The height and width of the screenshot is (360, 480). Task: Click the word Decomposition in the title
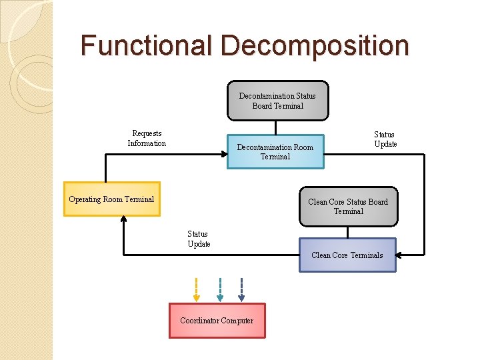[x=315, y=46]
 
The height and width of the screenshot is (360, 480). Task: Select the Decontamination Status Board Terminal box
[x=277, y=101]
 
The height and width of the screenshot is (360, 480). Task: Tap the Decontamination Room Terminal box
[x=275, y=152]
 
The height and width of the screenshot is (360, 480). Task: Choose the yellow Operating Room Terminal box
[x=111, y=199]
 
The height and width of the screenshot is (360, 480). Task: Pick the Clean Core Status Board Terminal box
[x=348, y=207]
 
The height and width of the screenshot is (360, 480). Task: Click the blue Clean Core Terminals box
[x=347, y=255]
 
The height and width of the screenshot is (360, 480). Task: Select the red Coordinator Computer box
[x=217, y=321]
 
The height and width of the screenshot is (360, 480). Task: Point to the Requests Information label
[x=147, y=139]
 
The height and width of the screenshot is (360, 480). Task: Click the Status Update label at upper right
[x=385, y=139]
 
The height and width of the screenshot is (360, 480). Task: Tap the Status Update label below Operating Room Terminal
[x=198, y=239]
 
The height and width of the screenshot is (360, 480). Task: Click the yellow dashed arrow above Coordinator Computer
[x=196, y=289]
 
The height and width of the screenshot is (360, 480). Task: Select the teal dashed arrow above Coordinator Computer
[x=220, y=289]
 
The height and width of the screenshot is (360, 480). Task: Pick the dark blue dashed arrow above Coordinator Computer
[x=241, y=289]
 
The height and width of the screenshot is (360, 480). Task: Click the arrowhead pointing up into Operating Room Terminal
[x=124, y=221]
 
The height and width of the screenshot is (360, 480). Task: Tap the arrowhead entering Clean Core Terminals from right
[x=401, y=254]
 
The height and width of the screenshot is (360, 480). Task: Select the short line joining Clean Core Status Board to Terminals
[x=347, y=233]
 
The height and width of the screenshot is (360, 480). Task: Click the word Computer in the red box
[x=237, y=321]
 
